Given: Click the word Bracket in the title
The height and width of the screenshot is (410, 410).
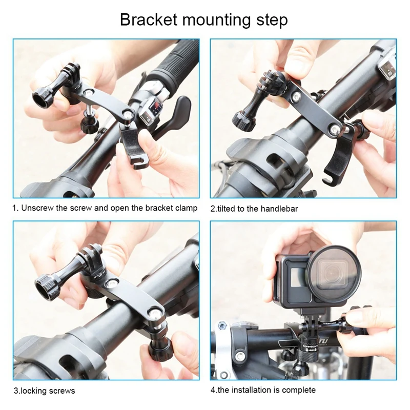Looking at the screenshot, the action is click(x=149, y=19).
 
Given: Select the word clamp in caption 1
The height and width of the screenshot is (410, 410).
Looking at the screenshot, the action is click(x=187, y=208).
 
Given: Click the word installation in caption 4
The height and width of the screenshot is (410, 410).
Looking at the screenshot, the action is click(x=251, y=390).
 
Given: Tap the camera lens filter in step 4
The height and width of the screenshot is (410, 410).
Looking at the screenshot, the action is click(x=334, y=274).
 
